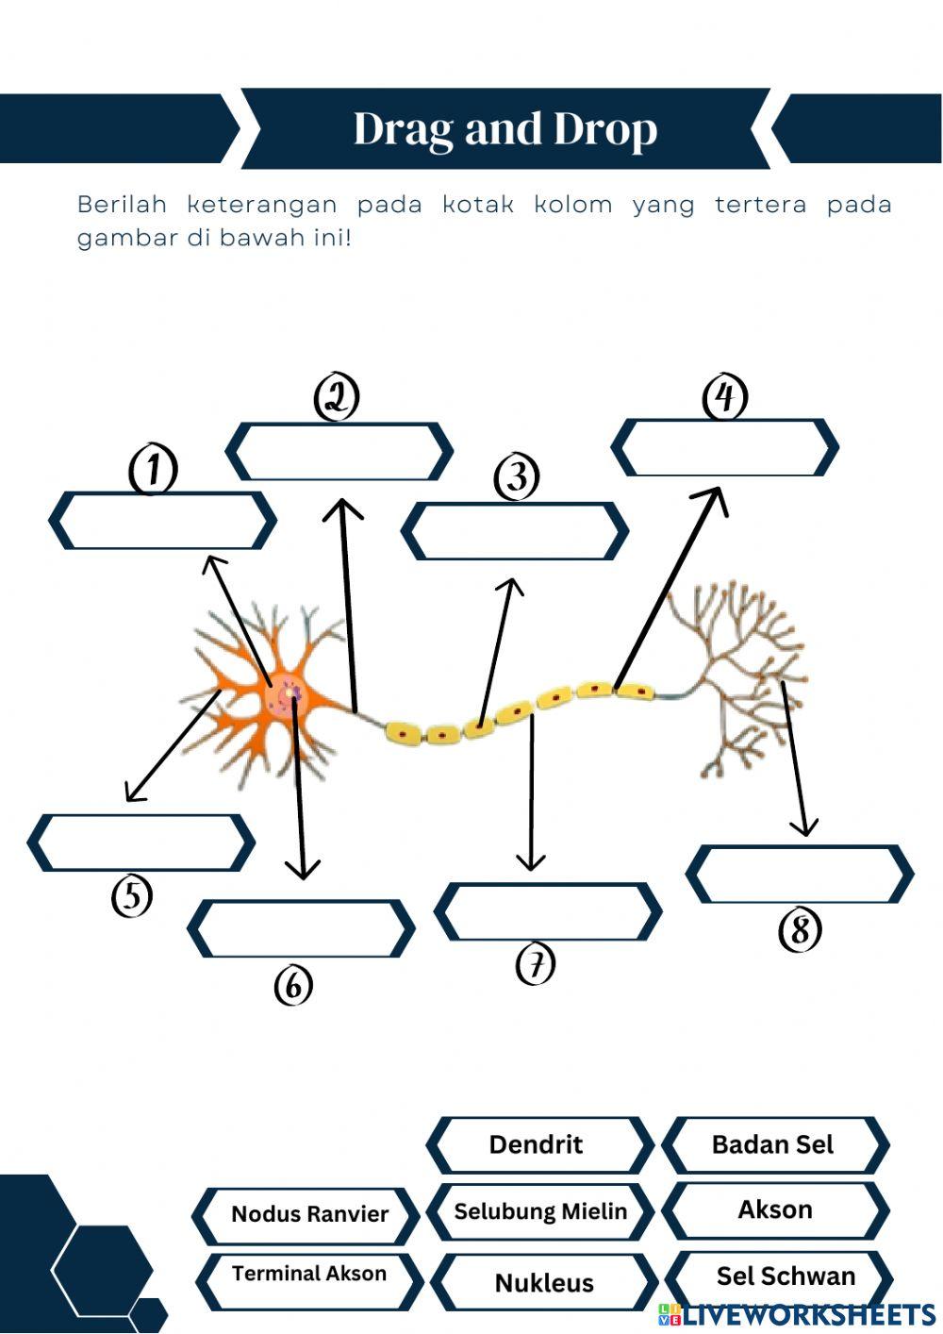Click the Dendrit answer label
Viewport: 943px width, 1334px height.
coord(538,1144)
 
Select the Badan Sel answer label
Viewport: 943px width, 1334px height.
coord(773,1144)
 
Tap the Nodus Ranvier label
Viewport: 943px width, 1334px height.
coord(309,1214)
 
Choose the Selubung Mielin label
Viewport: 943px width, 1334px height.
coord(540,1211)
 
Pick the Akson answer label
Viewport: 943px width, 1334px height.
coord(775,1209)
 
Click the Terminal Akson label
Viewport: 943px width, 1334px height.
coord(309,1275)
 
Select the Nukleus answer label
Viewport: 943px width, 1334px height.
coord(544,1282)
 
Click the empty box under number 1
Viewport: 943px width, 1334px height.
coord(162,520)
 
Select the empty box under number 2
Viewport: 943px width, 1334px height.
coord(339,452)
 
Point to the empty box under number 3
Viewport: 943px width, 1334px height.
coord(515,531)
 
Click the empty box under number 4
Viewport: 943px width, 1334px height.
coord(725,447)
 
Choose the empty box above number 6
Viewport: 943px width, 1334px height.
coord(301,928)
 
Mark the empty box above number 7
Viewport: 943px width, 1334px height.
coord(548,911)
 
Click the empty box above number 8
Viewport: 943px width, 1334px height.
coord(800,874)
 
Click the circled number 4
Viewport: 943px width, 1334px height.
coord(725,397)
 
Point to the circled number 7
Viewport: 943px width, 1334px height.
coord(536,964)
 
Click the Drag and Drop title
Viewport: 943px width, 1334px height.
coord(505,129)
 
